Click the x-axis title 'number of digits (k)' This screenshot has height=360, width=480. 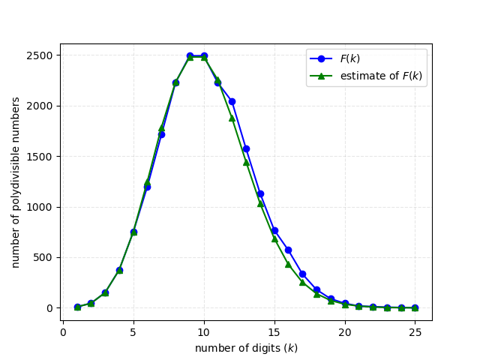[x=246, y=348]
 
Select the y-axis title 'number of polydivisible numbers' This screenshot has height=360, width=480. [x=16, y=181]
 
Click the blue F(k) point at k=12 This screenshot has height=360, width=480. [x=232, y=101]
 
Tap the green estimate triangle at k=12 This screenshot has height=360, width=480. [x=232, y=118]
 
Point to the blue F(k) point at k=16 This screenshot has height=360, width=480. [x=288, y=250]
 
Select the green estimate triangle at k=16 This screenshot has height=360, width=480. [x=288, y=264]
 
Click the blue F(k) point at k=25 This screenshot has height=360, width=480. [x=415, y=307]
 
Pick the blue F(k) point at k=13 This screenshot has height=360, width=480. [x=246, y=148]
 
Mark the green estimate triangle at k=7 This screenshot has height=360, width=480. [x=161, y=128]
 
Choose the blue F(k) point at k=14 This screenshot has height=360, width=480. [x=260, y=193]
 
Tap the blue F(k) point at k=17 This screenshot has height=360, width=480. [x=302, y=274]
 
